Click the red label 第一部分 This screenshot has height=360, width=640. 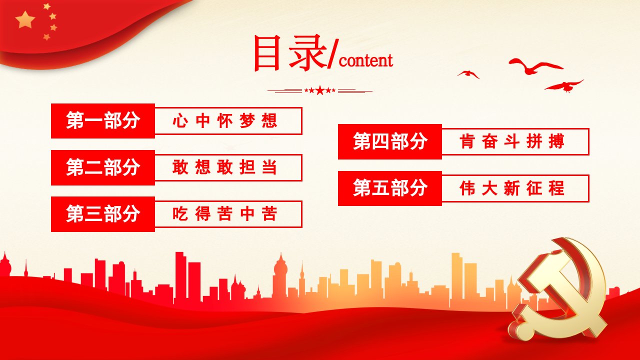click(x=103, y=121)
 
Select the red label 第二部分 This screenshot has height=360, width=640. click(x=103, y=167)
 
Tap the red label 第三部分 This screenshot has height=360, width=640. click(x=103, y=214)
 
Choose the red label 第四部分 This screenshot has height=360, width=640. click(x=389, y=141)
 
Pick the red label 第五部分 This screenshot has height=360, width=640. click(x=389, y=188)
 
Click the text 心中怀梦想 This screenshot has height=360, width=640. click(x=225, y=121)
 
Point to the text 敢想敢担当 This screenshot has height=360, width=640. click(x=225, y=167)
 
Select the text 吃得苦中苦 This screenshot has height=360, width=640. click(x=225, y=213)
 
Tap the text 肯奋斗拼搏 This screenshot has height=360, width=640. click(x=512, y=141)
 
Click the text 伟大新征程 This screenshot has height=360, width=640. click(x=512, y=188)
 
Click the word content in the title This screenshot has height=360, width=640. click(x=366, y=60)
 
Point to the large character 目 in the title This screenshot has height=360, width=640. click(x=266, y=53)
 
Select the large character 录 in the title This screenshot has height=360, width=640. click(x=307, y=53)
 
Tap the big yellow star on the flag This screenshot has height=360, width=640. click(x=25, y=19)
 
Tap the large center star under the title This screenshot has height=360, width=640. click(x=320, y=90)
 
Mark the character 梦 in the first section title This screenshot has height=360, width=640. click(x=247, y=121)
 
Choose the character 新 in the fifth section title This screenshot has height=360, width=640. click(x=511, y=188)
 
